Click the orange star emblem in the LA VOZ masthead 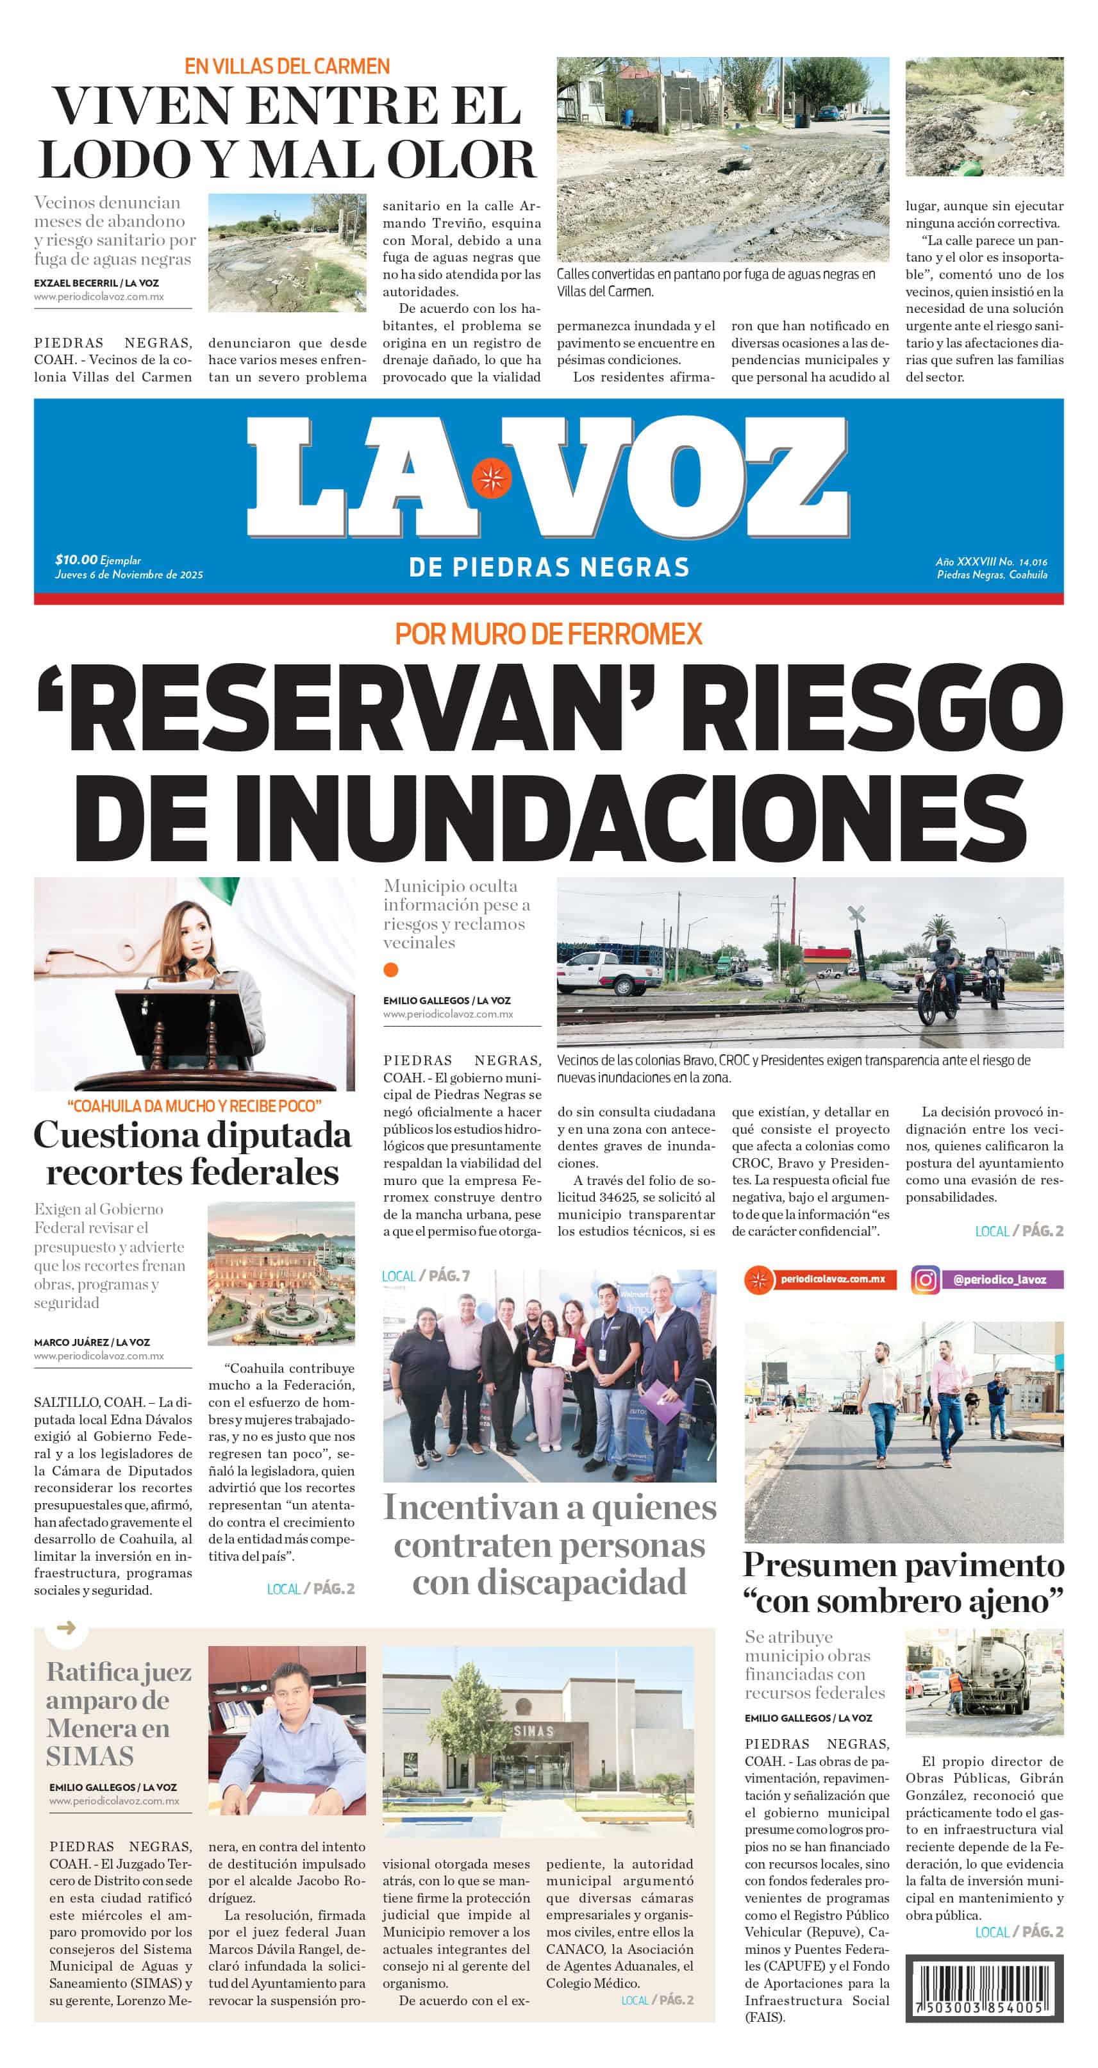click(491, 478)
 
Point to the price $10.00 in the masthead click(76, 560)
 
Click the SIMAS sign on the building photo click(534, 1731)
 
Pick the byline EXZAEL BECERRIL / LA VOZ click(96, 283)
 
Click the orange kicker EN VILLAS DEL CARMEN click(287, 66)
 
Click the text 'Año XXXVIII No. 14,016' click(990, 562)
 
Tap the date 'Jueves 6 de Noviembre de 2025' click(128, 575)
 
